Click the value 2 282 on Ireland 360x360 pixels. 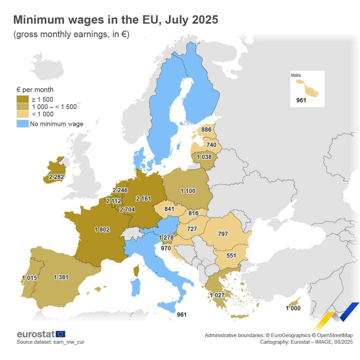pyautogui.click(x=56, y=177)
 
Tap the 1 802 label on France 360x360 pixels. pyautogui.click(x=102, y=230)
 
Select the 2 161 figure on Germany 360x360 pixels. pyautogui.click(x=143, y=199)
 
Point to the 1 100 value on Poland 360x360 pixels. pyautogui.click(x=188, y=191)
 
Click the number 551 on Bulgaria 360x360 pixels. pyautogui.click(x=231, y=256)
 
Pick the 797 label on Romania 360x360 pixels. pyautogui.click(x=223, y=234)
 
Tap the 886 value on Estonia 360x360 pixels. pyautogui.click(x=206, y=129)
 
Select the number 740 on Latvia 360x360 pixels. pyautogui.click(x=211, y=145)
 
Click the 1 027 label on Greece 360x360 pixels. pyautogui.click(x=217, y=295)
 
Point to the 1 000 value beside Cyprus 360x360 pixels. pyautogui.click(x=293, y=308)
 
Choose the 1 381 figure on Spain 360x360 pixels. pyautogui.click(x=61, y=277)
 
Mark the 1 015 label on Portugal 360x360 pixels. pyautogui.click(x=29, y=278)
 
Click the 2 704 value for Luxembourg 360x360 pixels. pyautogui.click(x=127, y=210)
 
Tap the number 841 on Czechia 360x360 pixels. pyautogui.click(x=169, y=209)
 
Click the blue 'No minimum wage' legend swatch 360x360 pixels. pyautogui.click(x=22, y=124)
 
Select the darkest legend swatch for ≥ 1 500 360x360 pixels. pyautogui.click(x=22, y=99)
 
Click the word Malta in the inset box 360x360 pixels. pyautogui.click(x=296, y=75)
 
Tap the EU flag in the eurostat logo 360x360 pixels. pyautogui.click(x=61, y=334)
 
